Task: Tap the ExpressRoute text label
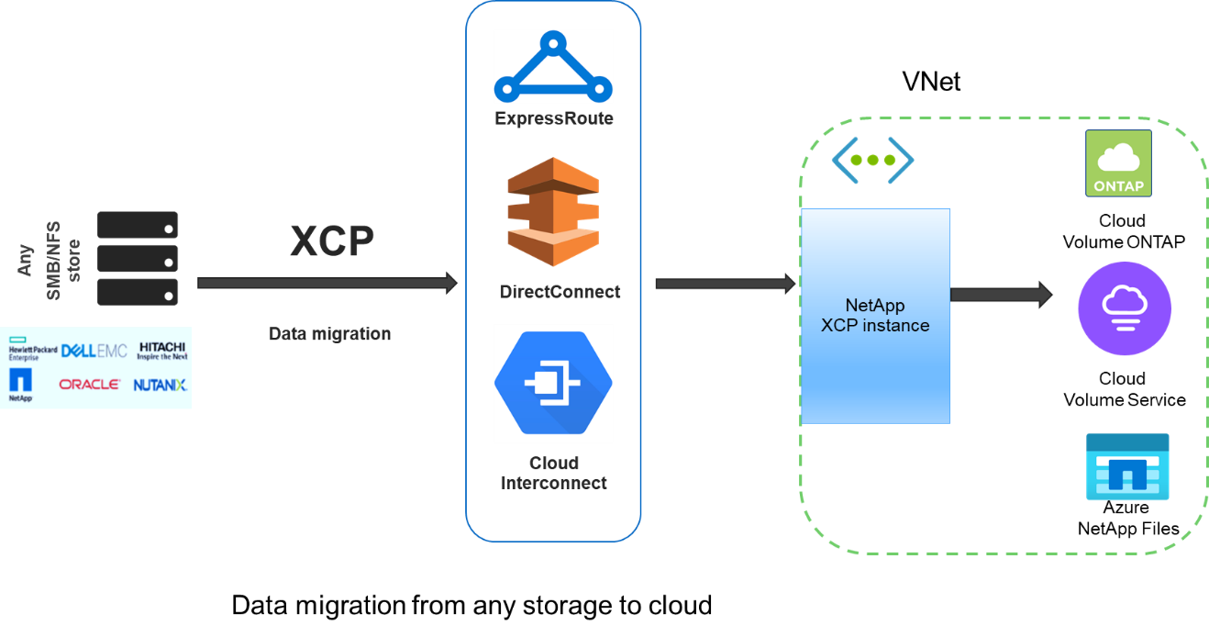click(x=553, y=118)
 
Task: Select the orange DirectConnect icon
click(x=553, y=212)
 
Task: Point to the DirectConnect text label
click(x=560, y=292)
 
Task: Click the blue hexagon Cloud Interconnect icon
click(x=553, y=383)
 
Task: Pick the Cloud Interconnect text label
click(x=553, y=473)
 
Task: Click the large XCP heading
click(x=332, y=241)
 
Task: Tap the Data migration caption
click(x=329, y=334)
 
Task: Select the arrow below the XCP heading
click(x=327, y=284)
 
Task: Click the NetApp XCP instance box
click(x=875, y=316)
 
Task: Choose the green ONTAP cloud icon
click(x=1118, y=163)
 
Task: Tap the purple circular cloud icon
click(x=1124, y=307)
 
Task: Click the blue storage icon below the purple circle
click(x=1127, y=466)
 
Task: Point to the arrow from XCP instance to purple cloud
click(x=1001, y=295)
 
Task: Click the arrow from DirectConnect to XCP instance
click(x=725, y=285)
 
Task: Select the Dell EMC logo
click(x=94, y=351)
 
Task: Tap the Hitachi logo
click(x=161, y=351)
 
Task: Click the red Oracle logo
click(x=89, y=384)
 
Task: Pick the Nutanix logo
click(x=161, y=385)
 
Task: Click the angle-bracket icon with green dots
click(x=872, y=160)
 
